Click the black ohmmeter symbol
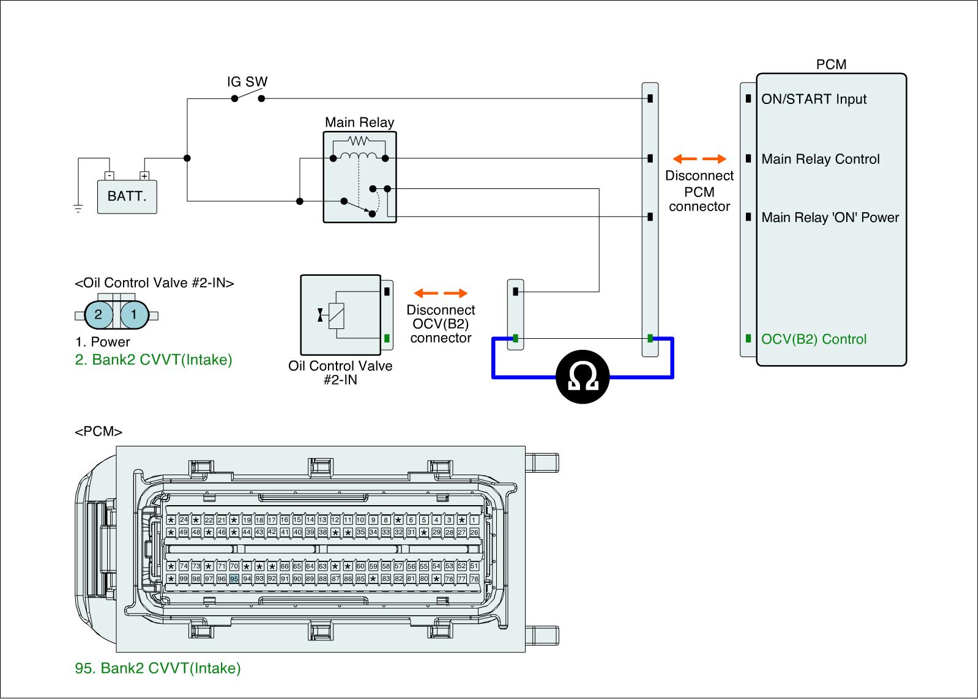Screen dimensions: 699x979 [x=583, y=377]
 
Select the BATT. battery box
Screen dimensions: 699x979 [x=127, y=196]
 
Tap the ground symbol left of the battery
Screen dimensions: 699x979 [x=78, y=209]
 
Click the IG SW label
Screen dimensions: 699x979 [x=247, y=82]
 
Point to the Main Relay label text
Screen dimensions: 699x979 [x=359, y=122]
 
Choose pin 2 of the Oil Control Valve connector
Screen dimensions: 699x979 [x=99, y=315]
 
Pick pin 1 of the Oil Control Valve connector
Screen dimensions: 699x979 [x=134, y=315]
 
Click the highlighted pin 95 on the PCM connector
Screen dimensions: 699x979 [x=234, y=579]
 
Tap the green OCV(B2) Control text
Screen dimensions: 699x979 [x=814, y=339]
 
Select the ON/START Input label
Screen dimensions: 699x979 [x=814, y=99]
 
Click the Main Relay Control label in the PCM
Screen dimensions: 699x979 [x=820, y=160]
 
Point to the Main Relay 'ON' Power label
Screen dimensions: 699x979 [x=830, y=218]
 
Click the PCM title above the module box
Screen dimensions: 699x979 [x=831, y=65]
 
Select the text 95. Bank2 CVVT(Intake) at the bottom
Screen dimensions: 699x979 [x=158, y=668]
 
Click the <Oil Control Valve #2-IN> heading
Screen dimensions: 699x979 [x=154, y=283]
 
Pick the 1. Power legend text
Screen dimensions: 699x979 [x=102, y=342]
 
